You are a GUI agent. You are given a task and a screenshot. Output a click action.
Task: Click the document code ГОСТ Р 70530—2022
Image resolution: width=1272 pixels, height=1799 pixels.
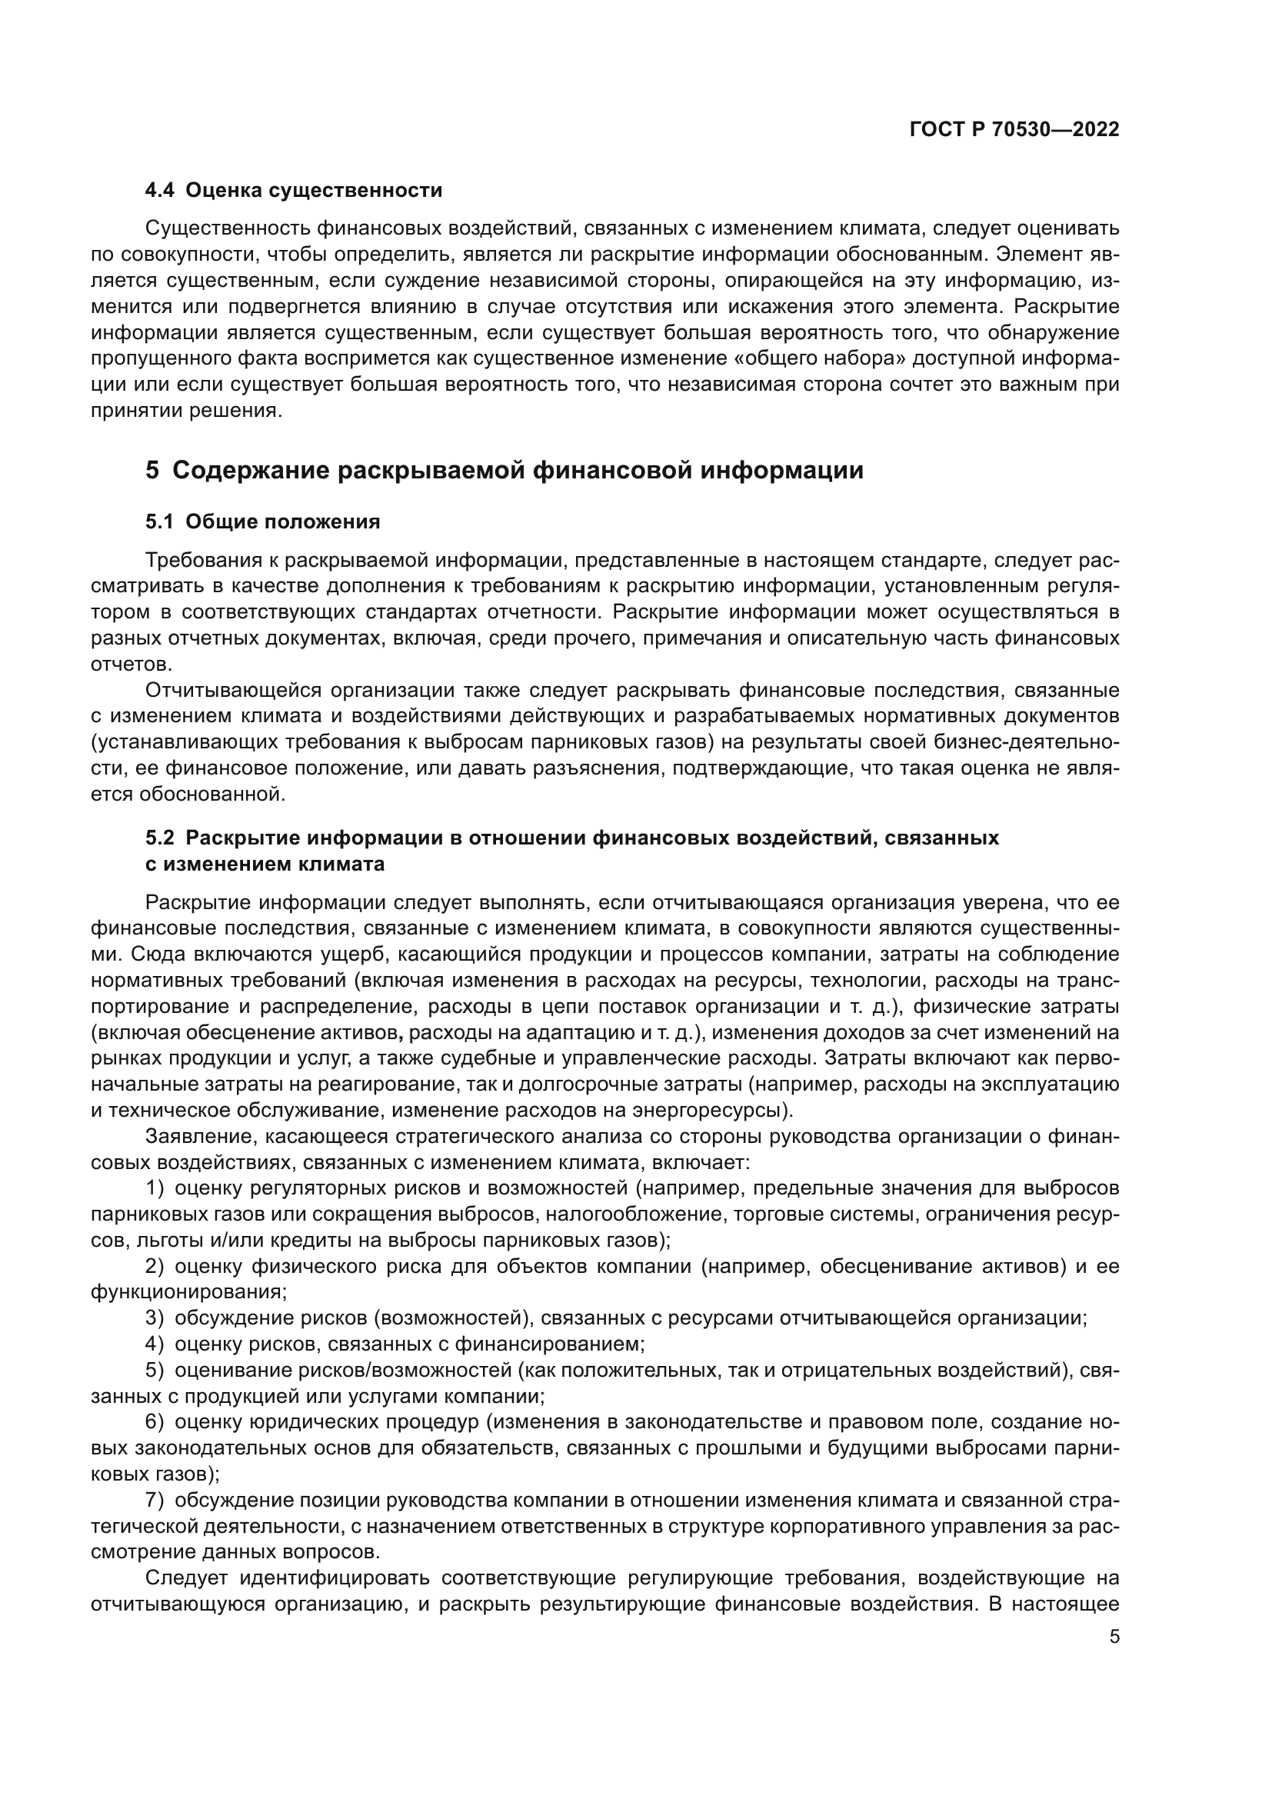(1014, 130)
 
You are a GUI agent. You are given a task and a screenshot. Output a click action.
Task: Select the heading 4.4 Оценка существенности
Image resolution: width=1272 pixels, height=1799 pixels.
(294, 191)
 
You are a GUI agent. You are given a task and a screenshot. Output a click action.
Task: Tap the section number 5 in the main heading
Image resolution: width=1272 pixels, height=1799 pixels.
(152, 471)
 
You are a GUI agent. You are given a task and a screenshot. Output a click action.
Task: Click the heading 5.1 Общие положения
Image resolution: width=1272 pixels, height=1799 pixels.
(262, 521)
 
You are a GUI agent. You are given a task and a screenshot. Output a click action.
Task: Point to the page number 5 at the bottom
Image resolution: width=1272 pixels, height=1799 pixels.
(1114, 1637)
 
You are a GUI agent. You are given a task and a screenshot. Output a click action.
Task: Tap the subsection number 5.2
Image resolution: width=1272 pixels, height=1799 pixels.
(160, 838)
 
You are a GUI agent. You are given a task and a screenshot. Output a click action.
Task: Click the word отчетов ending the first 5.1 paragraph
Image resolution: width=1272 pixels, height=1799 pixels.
(129, 665)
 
